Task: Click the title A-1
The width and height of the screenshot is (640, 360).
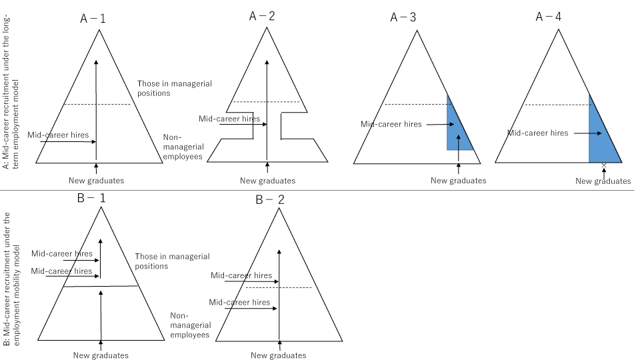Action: coord(93,19)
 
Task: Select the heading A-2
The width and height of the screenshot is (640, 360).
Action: coord(262,16)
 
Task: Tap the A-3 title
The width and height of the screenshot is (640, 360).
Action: coord(403,17)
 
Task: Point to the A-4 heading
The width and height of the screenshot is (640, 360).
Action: coord(548,17)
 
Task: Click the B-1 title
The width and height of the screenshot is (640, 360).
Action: coord(91,198)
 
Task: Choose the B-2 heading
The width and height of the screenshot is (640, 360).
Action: coord(270,199)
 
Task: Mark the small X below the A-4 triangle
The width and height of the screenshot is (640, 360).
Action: coord(604,165)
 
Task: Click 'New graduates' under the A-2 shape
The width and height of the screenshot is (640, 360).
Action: coord(267,181)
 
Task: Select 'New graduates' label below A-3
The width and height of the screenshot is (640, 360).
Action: coord(459,181)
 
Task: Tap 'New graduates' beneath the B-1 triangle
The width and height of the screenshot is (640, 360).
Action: coord(101,355)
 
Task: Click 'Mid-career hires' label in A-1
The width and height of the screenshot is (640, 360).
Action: coord(58,135)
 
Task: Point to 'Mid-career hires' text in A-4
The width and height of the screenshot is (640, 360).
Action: coord(537,133)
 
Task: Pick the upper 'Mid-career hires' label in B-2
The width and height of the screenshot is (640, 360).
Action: coord(241,275)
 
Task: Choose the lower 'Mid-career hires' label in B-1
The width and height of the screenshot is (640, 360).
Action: coord(61,271)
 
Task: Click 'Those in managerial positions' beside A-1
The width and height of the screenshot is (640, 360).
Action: coord(174,88)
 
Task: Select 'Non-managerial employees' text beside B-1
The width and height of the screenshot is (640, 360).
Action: coord(191,325)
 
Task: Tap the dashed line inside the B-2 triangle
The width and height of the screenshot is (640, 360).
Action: coord(279,288)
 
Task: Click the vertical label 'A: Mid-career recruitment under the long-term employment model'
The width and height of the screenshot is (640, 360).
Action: coord(11,92)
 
